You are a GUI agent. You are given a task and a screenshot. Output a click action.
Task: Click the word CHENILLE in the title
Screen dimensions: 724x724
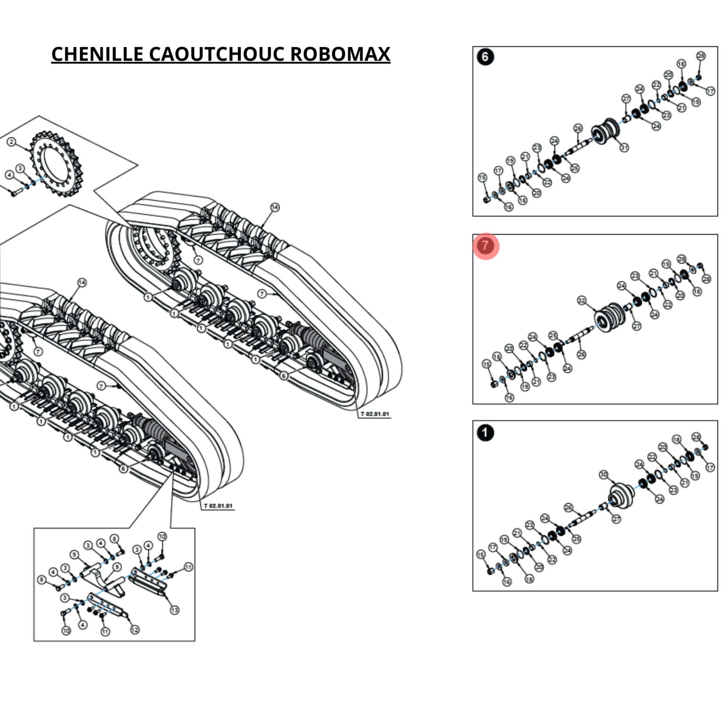pos(97,54)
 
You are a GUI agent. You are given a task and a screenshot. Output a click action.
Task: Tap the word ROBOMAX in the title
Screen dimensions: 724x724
pos(340,54)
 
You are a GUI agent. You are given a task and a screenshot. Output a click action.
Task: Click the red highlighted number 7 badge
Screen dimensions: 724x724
pos(486,246)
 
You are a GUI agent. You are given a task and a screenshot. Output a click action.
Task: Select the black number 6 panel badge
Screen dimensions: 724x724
pos(485,57)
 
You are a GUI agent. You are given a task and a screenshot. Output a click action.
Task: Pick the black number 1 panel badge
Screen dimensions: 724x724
pos(485,433)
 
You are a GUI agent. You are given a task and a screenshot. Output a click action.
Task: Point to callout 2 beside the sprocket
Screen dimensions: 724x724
pos(12,142)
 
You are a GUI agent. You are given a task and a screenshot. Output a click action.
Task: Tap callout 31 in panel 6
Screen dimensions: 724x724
pos(624,147)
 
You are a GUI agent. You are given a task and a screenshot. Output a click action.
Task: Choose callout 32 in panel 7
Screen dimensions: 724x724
pos(582,300)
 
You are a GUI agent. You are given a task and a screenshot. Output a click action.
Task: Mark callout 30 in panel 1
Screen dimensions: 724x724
pos(604,474)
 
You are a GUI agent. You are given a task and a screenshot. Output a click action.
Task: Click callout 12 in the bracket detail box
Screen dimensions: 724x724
pos(135,630)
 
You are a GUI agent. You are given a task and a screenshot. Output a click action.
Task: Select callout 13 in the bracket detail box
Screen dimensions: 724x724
pos(174,610)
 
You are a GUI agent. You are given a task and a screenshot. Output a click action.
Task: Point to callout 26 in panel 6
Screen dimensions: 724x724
pos(578,129)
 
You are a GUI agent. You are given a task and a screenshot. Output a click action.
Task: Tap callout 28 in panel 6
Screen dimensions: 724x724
pos(701,56)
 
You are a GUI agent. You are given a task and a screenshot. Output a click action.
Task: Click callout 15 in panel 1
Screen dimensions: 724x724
pos(480,554)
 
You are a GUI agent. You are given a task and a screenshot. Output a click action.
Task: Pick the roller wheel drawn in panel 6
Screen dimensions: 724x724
pos(605,132)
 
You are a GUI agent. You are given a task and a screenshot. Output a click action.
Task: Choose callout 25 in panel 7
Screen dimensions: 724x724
pos(553,335)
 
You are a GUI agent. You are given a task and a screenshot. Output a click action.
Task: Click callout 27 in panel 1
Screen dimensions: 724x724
pos(616,519)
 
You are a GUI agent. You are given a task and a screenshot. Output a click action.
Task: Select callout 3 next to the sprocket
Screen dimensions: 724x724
pos(20,168)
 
